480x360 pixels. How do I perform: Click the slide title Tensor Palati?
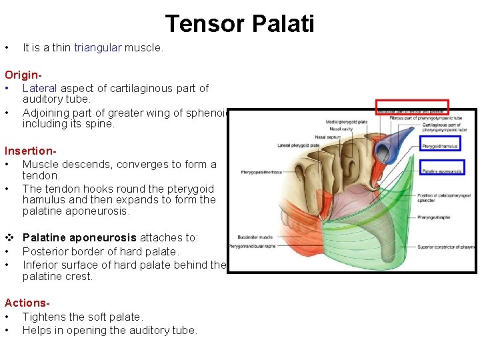239,24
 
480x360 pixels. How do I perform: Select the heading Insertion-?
30,151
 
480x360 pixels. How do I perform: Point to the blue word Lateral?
41,88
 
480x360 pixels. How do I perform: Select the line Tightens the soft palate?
83,317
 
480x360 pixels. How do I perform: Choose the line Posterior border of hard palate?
101,251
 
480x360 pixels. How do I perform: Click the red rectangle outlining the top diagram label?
412,106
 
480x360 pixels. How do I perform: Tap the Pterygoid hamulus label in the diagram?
441,144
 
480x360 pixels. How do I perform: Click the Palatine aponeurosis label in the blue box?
441,171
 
